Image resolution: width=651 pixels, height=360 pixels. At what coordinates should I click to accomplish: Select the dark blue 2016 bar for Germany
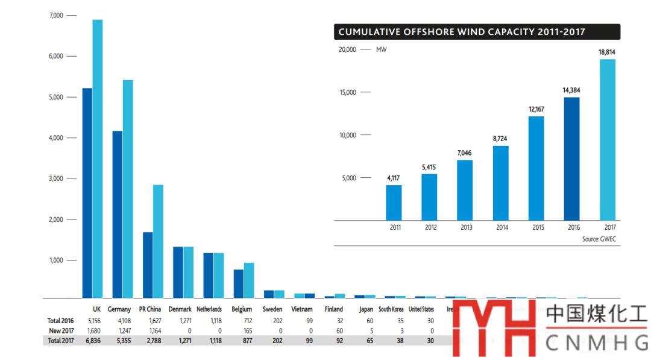pyautogui.click(x=118, y=214)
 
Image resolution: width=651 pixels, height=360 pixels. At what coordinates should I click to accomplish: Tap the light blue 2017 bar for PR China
pyautogui.click(x=158, y=241)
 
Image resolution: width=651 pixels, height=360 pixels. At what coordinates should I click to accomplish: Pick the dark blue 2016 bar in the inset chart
pyautogui.click(x=571, y=159)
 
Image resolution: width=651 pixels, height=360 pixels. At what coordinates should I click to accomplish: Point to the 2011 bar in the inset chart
pyautogui.click(x=394, y=203)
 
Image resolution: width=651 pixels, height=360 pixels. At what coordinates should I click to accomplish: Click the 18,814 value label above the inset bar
pyautogui.click(x=607, y=52)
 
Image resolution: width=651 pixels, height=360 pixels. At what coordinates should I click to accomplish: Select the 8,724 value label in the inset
pyautogui.click(x=500, y=139)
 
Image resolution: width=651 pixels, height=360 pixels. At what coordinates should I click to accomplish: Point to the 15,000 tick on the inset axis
pyautogui.click(x=348, y=92)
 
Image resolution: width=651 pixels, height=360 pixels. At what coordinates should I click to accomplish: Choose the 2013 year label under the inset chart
pyautogui.click(x=466, y=228)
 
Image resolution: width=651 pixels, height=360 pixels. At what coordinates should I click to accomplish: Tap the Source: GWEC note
pyautogui.click(x=599, y=239)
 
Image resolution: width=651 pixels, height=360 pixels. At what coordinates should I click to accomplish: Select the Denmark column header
pyautogui.click(x=180, y=309)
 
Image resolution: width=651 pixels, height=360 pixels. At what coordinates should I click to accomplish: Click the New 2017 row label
pyautogui.click(x=61, y=330)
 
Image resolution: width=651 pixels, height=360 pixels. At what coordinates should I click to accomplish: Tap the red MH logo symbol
pyautogui.click(x=494, y=328)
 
